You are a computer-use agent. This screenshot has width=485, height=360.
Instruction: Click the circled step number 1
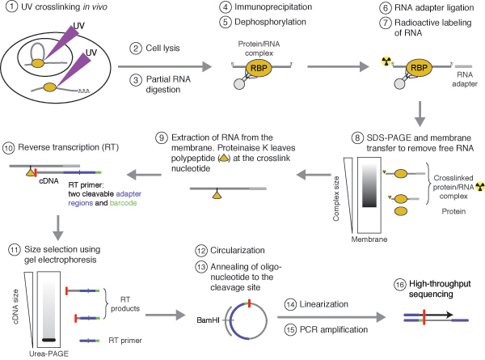(x=8, y=9)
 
